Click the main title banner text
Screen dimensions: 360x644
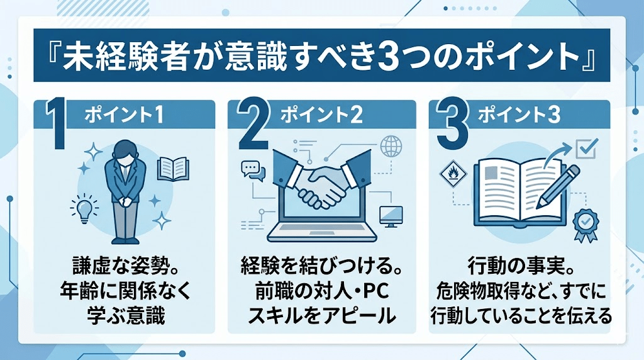pos(321,56)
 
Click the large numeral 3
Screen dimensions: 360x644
pos(452,127)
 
